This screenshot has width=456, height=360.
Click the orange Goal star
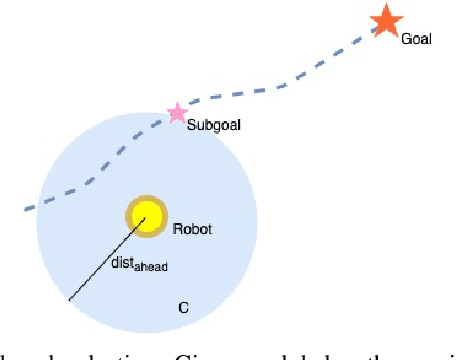coord(385,21)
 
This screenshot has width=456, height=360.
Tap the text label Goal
coord(416,40)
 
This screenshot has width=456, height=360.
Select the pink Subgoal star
coord(176,112)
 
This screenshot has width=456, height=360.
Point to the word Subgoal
coord(214,125)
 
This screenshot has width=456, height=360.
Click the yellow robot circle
coord(146,215)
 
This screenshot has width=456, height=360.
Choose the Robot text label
coord(193,228)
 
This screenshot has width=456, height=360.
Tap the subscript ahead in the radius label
coord(154,268)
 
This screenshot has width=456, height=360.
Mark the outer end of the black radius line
coord(68,299)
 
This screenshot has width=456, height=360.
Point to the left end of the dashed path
coord(26,209)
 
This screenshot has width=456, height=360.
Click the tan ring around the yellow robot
coord(130,215)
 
